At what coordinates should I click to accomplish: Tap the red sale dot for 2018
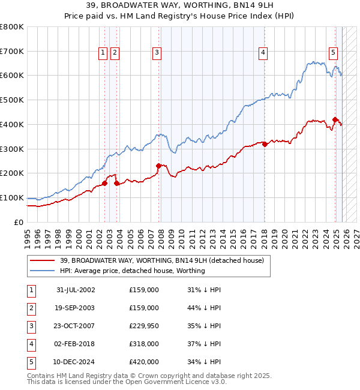[x=265, y=144]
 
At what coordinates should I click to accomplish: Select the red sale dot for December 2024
[x=335, y=119]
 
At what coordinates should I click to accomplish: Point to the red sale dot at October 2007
[x=158, y=166]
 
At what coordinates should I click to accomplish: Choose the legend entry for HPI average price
[x=133, y=271]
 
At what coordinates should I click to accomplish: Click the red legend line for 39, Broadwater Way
[x=42, y=261]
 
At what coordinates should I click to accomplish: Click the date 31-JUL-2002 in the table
[x=76, y=290]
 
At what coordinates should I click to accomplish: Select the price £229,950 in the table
[x=144, y=326]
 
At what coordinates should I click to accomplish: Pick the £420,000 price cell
[x=144, y=362]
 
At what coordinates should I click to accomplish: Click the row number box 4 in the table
[x=31, y=344]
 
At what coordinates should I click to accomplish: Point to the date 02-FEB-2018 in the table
[x=76, y=344]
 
